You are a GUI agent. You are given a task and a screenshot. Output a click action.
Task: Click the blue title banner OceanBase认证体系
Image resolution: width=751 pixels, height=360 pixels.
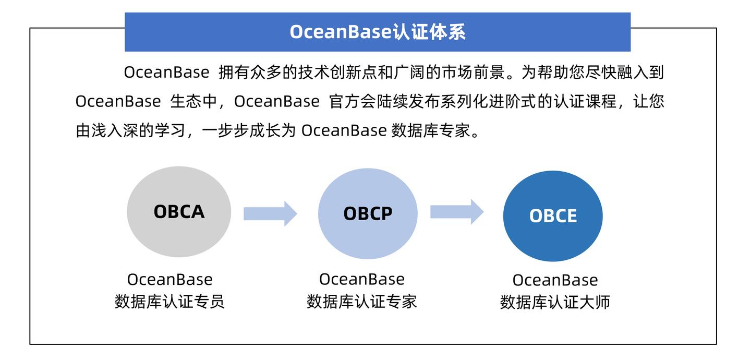click(378, 32)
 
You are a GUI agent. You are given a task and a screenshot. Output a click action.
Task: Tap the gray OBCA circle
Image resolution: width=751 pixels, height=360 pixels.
click(179, 212)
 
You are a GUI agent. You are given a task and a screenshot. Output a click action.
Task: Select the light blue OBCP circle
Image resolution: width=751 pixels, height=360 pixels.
click(368, 213)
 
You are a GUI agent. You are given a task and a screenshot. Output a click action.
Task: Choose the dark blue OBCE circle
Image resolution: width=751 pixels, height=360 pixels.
click(553, 216)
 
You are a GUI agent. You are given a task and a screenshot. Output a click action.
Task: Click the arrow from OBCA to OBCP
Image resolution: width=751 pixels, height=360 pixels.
click(270, 213)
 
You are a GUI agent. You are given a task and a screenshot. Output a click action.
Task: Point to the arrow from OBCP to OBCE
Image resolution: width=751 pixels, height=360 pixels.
click(457, 212)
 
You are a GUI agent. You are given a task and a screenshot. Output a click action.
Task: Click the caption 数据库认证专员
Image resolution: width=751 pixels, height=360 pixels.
click(169, 302)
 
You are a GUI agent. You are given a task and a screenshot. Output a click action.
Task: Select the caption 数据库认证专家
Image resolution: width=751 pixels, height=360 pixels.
click(362, 302)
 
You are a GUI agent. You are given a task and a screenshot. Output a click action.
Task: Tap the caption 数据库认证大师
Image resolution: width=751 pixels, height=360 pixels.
click(555, 302)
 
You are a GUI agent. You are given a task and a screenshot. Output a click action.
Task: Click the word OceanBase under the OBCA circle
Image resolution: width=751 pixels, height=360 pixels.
click(169, 280)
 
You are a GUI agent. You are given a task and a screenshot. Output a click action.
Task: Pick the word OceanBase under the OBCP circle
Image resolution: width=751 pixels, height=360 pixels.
click(362, 279)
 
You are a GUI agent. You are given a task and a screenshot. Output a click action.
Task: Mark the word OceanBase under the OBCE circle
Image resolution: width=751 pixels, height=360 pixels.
click(555, 280)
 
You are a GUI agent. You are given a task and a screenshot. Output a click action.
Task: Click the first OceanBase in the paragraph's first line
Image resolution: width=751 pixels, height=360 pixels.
click(166, 73)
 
